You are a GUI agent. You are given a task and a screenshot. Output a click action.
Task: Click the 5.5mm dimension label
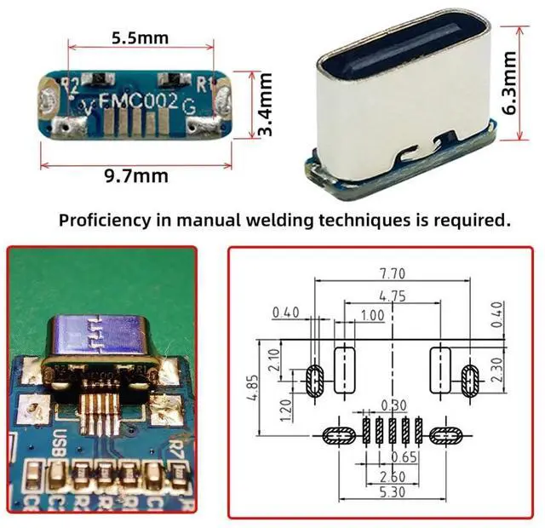click(x=140, y=37)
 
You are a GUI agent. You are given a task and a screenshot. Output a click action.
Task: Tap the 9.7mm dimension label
click(x=136, y=176)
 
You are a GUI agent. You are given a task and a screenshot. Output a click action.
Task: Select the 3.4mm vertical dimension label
click(x=266, y=106)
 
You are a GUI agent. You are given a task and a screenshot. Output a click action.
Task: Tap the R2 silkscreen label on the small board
click(x=72, y=84)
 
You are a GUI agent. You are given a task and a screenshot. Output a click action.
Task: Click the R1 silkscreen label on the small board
click(x=204, y=84)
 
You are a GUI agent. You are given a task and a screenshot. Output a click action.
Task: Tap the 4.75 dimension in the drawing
click(x=391, y=296)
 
